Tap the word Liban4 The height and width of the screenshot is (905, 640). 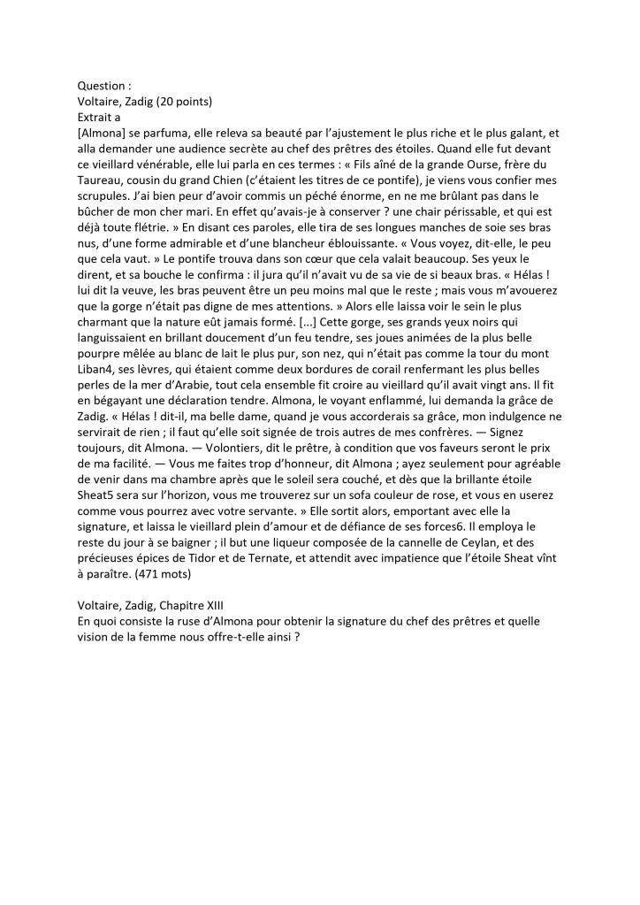pyautogui.click(x=99, y=414)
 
